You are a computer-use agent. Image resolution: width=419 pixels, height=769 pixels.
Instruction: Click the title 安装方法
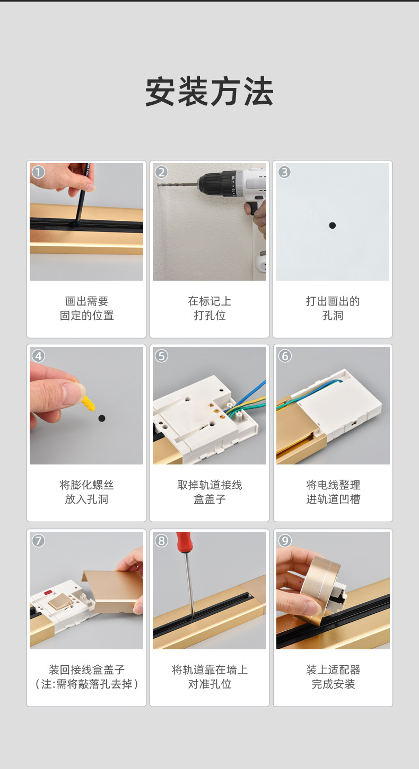pos(209,92)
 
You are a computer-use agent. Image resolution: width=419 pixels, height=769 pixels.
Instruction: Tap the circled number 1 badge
pos(38,172)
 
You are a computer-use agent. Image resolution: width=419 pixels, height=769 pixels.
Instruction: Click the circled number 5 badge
pos(161,356)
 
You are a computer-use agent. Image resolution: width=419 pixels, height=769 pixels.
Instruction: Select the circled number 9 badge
pos(285,540)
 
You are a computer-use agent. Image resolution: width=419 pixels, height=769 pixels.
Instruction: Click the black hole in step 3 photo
pos(333,226)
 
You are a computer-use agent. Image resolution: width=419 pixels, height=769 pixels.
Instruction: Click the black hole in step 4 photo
pos(102,418)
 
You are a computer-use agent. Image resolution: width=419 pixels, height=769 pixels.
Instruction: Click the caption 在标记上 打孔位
pos(210,308)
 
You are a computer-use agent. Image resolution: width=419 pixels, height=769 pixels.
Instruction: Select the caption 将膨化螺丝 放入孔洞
pos(86,492)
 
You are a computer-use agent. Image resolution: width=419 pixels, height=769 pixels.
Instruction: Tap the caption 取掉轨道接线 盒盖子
pos(210,492)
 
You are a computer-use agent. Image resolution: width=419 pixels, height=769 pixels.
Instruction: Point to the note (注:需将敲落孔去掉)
pos(86,684)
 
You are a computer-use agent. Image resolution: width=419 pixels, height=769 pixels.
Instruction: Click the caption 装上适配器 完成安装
pos(333,677)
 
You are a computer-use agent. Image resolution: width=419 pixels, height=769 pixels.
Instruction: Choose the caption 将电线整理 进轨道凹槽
pos(333,492)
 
